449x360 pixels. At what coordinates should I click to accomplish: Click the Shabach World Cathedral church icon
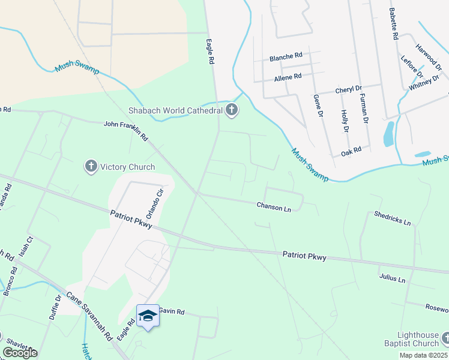tap(232, 110)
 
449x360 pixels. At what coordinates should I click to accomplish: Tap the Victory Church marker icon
tap(91, 166)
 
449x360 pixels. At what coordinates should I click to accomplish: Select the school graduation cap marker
tap(148, 315)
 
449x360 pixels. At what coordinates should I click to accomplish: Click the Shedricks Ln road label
tap(392, 218)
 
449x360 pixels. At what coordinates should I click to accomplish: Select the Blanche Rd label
tap(286, 56)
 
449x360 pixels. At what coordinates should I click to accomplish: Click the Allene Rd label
tap(288, 77)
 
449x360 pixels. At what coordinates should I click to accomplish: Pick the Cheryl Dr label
tap(348, 89)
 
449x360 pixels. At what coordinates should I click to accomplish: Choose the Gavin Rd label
tap(171, 312)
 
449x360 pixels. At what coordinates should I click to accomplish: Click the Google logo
tap(20, 353)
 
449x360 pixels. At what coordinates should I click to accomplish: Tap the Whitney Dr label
tap(424, 83)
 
